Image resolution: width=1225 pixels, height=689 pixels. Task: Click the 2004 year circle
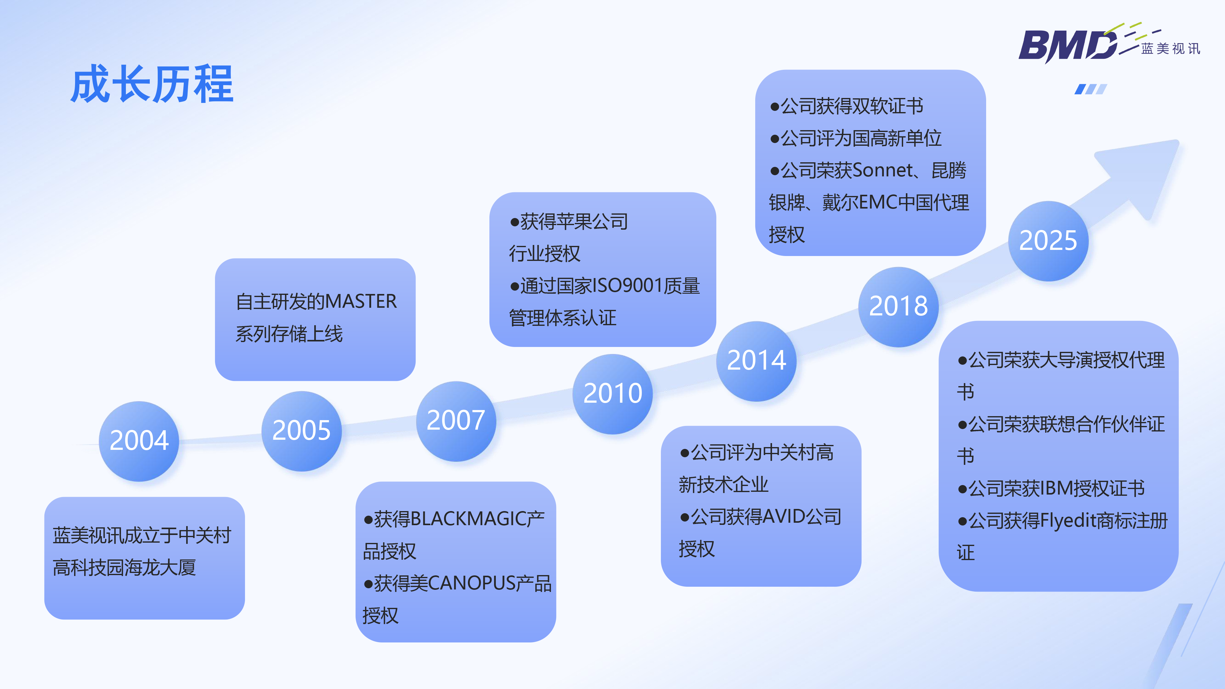point(139,441)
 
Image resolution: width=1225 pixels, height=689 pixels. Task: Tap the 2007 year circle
point(456,421)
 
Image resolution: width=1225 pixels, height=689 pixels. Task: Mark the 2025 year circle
point(1048,241)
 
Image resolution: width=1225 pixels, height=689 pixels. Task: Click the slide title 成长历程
point(152,85)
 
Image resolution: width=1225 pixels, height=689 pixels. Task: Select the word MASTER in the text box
point(361,301)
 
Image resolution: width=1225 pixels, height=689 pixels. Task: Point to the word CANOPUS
point(471,583)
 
